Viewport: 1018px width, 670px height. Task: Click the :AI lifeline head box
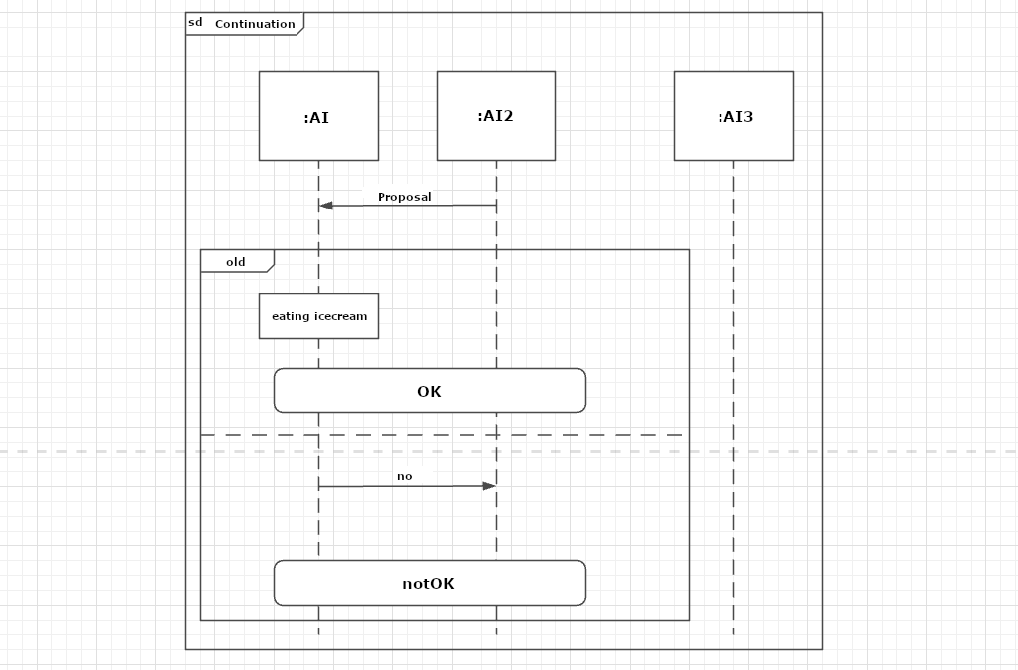(318, 117)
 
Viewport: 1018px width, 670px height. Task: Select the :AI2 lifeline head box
(497, 117)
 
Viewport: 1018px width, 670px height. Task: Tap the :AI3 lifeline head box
(733, 117)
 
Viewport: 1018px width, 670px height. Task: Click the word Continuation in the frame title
(255, 24)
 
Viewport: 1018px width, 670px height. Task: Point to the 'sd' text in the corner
(195, 22)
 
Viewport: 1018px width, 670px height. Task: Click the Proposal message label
(404, 197)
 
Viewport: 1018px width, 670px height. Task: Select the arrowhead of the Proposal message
(326, 206)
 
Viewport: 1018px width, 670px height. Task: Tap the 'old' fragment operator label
(235, 262)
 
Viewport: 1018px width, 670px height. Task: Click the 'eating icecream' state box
(318, 316)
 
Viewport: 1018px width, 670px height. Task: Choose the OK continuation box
(430, 390)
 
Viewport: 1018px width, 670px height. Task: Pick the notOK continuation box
(430, 583)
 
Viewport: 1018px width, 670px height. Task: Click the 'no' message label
(404, 476)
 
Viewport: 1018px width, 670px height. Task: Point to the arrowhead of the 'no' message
(489, 485)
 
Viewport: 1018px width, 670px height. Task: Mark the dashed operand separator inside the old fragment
(442, 435)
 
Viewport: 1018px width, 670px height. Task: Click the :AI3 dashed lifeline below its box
(733, 397)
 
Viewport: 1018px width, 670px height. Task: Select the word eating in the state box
(291, 317)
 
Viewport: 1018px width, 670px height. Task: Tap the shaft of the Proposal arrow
(408, 206)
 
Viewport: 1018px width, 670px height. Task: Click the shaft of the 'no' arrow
(408, 485)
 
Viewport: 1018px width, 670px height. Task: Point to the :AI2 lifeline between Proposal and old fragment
(497, 227)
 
